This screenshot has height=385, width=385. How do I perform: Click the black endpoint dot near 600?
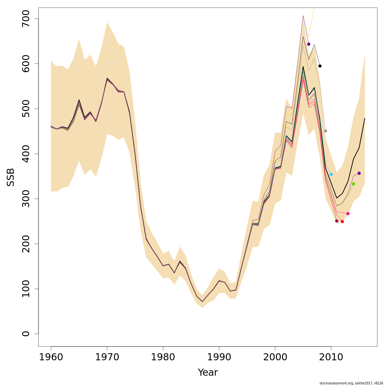[x=320, y=66]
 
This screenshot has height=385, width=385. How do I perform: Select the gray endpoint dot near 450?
[x=325, y=131]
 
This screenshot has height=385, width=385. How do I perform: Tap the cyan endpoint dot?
[x=331, y=174]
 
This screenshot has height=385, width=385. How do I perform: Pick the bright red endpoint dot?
[x=342, y=222]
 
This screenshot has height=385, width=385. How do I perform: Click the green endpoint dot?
[x=354, y=184]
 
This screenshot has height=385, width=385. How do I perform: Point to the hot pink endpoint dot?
[x=348, y=214]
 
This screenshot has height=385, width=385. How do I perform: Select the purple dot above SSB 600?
[x=309, y=44]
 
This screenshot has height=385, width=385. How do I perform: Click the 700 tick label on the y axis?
[x=26, y=19]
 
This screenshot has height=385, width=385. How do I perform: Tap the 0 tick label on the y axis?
[x=26, y=334]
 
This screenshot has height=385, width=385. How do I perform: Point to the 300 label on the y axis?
[x=26, y=199]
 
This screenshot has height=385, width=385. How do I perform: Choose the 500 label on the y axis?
[x=26, y=109]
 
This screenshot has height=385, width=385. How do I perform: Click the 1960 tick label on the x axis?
[x=51, y=357]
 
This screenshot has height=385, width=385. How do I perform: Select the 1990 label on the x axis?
[x=219, y=357]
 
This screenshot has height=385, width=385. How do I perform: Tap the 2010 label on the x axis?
[x=331, y=357]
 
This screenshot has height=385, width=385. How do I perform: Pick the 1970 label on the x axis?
[x=107, y=357]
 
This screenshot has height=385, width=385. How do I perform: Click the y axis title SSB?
[x=11, y=177]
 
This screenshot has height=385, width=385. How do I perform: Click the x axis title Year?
[x=208, y=372]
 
